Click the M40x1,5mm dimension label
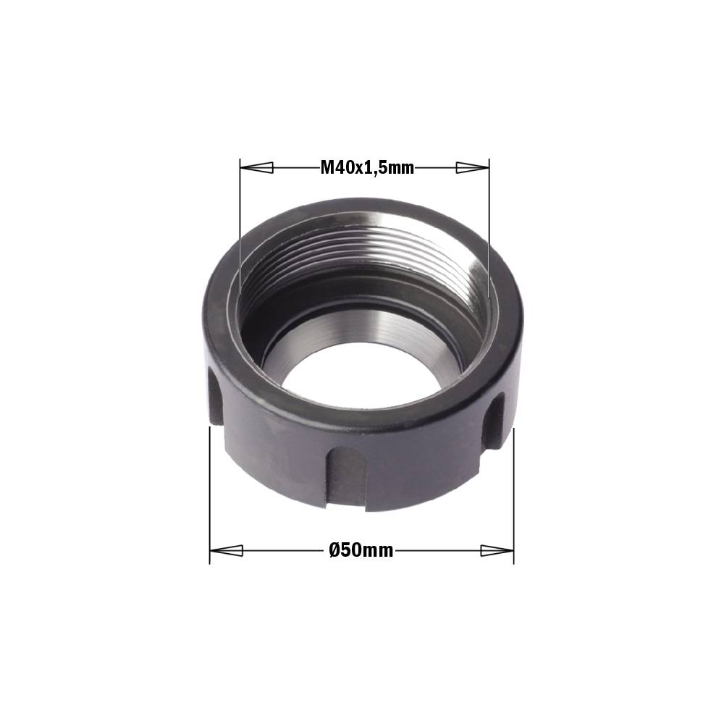coord(367,168)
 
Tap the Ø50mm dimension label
coord(361,550)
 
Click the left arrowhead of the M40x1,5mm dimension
coord(257,168)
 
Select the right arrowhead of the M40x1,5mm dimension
coord(472,168)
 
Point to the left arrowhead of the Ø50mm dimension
coord(226,550)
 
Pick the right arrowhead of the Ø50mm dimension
coord(497,550)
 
